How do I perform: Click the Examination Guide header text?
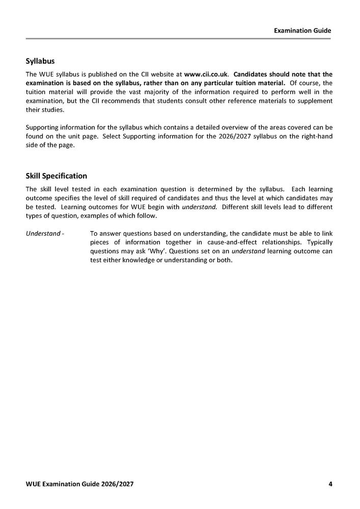pos(302,31)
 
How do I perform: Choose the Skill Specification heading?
pos(57,176)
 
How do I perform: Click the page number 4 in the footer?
pos(330,483)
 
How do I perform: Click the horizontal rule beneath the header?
pos(179,39)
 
